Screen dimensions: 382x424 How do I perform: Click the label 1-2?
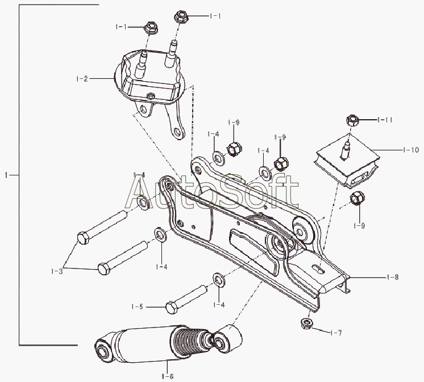(x=82, y=78)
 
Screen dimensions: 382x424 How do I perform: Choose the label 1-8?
(x=392, y=278)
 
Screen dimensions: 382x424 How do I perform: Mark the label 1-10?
(x=411, y=150)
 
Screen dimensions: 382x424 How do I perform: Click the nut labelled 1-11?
(x=352, y=121)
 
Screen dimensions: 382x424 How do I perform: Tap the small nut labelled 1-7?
(x=306, y=324)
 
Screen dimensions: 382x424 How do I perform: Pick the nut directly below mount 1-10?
(x=357, y=199)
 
